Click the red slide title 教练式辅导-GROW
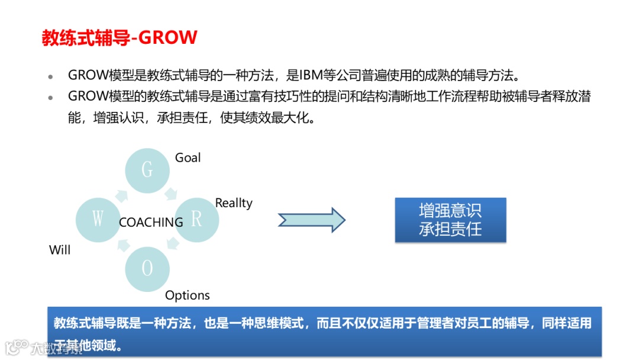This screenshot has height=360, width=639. [x=119, y=38]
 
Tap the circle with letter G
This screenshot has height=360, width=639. [x=148, y=170]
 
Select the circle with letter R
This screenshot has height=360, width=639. [x=197, y=220]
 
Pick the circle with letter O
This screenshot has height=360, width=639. [x=148, y=269]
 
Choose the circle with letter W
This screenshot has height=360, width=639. [x=98, y=220]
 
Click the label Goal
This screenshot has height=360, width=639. [x=188, y=157]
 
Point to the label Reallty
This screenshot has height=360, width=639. [x=234, y=203]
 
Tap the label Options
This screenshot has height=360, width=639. [x=188, y=295]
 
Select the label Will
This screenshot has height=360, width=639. [x=60, y=250]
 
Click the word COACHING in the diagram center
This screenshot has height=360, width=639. [x=151, y=222]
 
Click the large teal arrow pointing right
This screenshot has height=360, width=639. [x=312, y=220]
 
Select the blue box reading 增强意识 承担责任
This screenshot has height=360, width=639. [x=450, y=220]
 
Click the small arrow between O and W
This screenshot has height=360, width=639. [x=123, y=245]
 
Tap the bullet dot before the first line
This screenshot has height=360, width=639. [x=51, y=77]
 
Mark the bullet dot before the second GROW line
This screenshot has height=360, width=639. [x=51, y=97]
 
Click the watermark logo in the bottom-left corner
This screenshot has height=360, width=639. [x=17, y=346]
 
